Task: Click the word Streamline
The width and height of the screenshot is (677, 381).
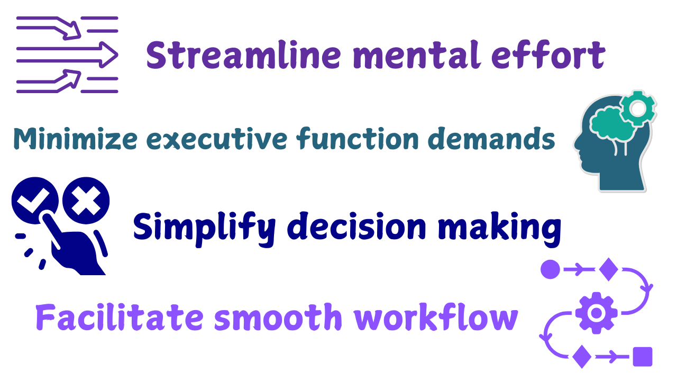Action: (244, 55)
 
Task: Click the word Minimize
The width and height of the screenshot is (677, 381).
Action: (76, 139)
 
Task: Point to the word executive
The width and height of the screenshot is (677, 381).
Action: (217, 139)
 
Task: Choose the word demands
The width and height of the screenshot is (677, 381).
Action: (491, 138)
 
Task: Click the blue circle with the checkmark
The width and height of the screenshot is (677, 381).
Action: (35, 201)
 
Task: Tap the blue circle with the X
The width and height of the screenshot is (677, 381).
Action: (86, 201)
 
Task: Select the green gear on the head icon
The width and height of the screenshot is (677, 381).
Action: (638, 108)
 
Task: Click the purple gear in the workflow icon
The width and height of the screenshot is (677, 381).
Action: (596, 313)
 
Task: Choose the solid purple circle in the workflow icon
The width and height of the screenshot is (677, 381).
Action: (550, 269)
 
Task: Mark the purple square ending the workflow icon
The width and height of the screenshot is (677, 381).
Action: (643, 357)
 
